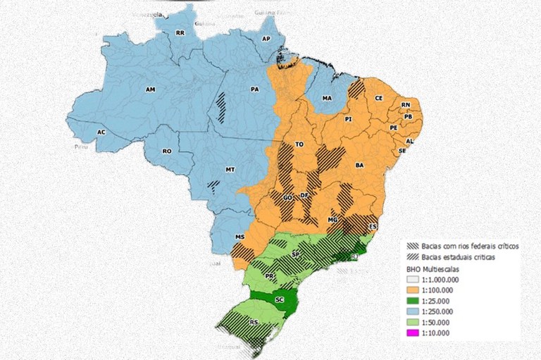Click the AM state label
(x=149, y=90)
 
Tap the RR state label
(x=180, y=32)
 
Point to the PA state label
(x=255, y=89)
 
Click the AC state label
(x=101, y=132)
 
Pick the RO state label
(x=167, y=151)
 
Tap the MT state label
(x=230, y=170)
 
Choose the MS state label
(x=240, y=237)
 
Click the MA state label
(x=327, y=99)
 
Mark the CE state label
(x=378, y=98)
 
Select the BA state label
(x=360, y=164)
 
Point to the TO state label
(x=299, y=144)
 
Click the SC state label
(x=280, y=299)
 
